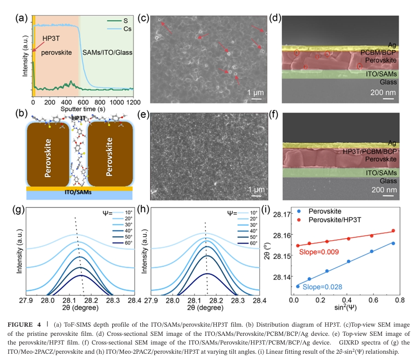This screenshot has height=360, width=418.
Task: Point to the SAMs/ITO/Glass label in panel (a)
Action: coord(107,52)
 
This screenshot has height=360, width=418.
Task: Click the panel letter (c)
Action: coord(143,18)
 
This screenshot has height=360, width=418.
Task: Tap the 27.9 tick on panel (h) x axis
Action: coord(151,301)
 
